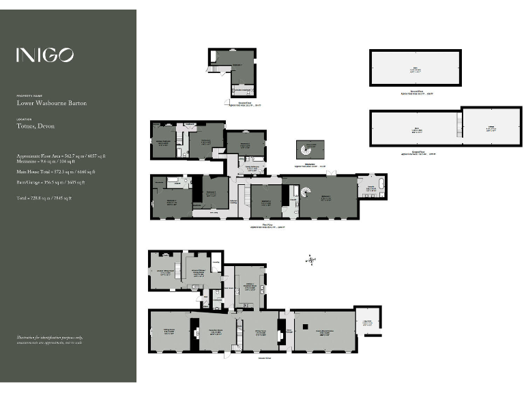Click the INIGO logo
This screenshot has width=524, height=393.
point(45,55)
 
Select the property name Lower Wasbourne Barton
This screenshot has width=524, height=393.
point(52,104)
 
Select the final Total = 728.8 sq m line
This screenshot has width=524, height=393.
point(44,198)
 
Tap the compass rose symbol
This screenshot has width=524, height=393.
point(311,259)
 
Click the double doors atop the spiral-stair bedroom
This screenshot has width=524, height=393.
point(331,175)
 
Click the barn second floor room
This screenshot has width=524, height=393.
point(415,68)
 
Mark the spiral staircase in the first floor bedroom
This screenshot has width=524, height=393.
point(305,192)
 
